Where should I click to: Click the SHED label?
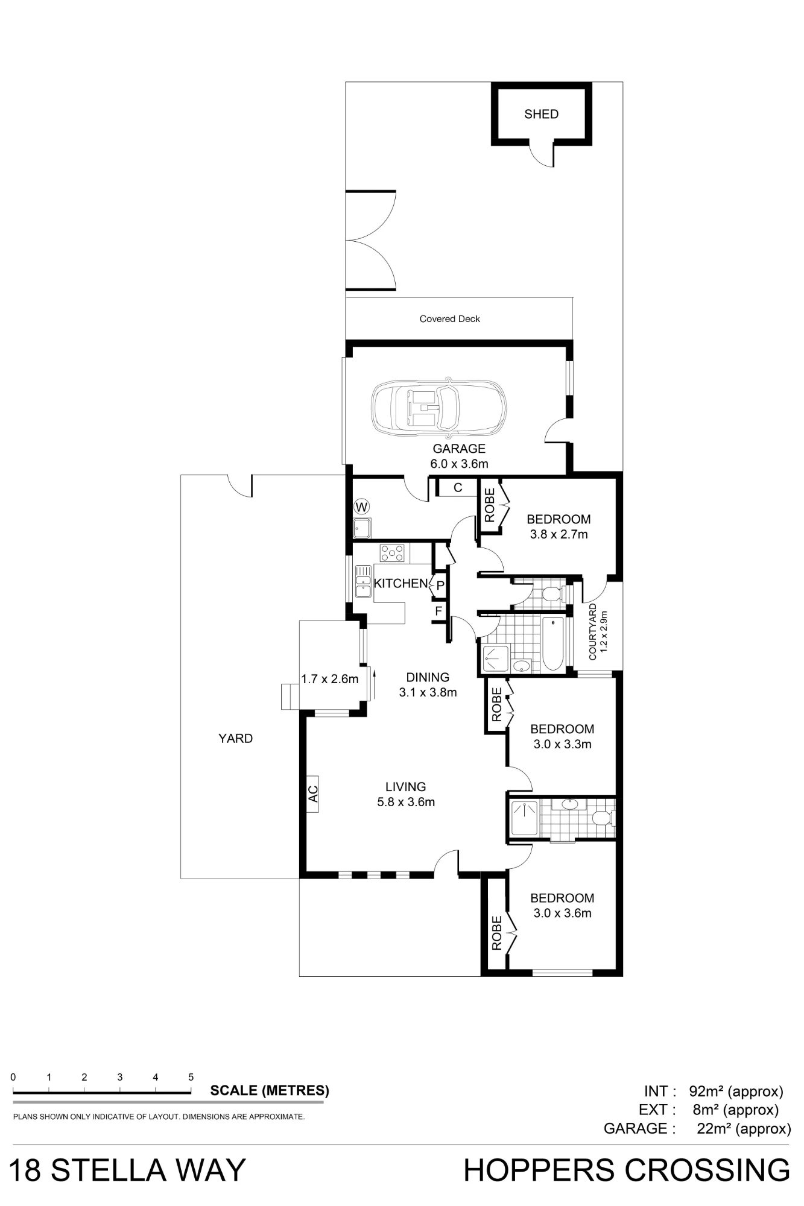pyautogui.click(x=541, y=114)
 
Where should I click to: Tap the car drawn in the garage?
pyautogui.click(x=440, y=408)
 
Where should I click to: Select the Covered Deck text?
pyautogui.click(x=450, y=319)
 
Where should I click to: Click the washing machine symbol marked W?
pyautogui.click(x=362, y=507)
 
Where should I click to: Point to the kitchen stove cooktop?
pyautogui.click(x=392, y=553)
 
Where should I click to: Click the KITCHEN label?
pyautogui.click(x=401, y=583)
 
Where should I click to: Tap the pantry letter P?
pyautogui.click(x=440, y=586)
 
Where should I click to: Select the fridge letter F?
pyautogui.click(x=438, y=611)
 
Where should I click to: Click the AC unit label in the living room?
pyautogui.click(x=313, y=794)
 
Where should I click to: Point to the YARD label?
pyautogui.click(x=235, y=739)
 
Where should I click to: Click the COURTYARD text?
pyautogui.click(x=592, y=631)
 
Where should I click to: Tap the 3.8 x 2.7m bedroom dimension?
pyautogui.click(x=559, y=534)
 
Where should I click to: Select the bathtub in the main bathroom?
pyautogui.click(x=553, y=643)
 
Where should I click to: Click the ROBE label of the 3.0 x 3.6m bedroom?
pyautogui.click(x=496, y=933)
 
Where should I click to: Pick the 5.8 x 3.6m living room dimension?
pyautogui.click(x=406, y=802)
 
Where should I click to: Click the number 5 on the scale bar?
pyautogui.click(x=191, y=1077)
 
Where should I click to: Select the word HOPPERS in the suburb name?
pyautogui.click(x=540, y=1170)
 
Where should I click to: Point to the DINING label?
pyautogui.click(x=428, y=677)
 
